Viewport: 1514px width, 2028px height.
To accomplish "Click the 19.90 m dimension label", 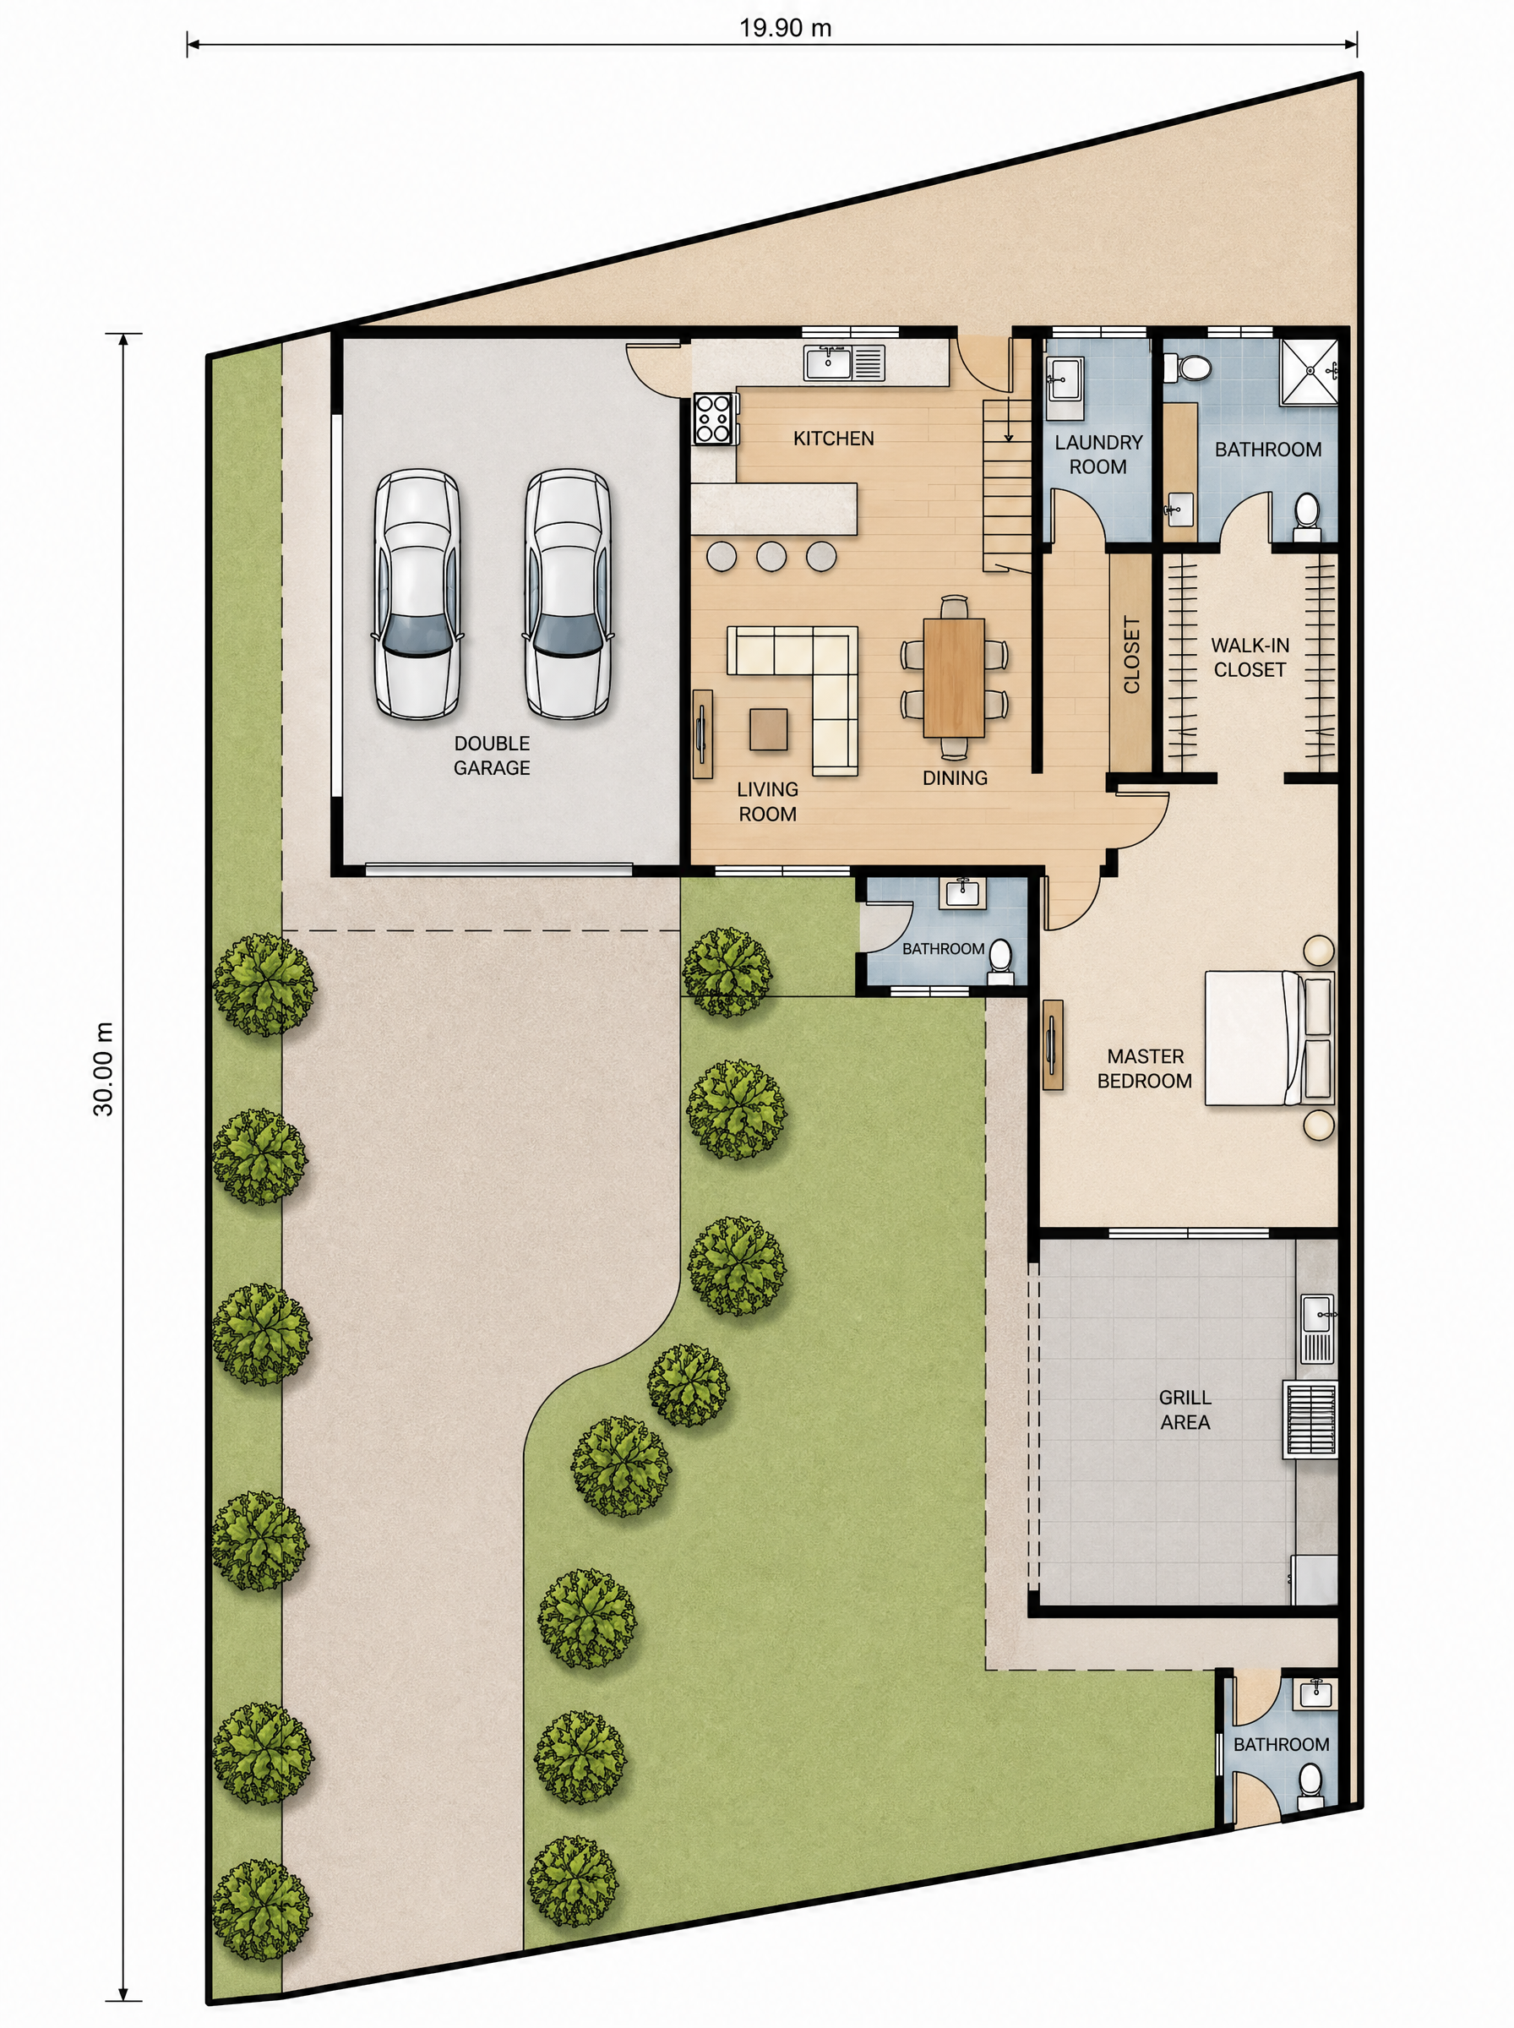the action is pos(786,28).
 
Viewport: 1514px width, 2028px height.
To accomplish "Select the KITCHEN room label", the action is pos(833,439).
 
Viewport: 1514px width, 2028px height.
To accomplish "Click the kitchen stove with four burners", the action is pos(716,419).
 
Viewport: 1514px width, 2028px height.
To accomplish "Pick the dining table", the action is pos(954,677).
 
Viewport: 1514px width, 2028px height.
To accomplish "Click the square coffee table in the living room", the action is pos(768,730).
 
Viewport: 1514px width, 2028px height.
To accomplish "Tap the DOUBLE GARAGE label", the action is pos(493,755).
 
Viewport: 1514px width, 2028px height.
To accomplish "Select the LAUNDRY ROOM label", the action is pos(1098,455).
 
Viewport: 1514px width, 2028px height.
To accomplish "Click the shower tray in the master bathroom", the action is pos(1309,370).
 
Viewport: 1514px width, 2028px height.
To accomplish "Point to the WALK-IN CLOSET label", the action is pos(1250,657).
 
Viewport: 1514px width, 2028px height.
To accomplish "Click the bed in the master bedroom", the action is pos(1269,1038).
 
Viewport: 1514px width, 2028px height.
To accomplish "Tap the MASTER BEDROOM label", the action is pos(1145,1069).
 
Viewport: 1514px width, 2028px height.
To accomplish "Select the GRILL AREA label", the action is pos(1185,1409).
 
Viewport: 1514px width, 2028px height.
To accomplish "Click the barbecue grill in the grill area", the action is pos(1310,1420).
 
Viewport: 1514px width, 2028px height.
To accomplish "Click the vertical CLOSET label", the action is pos(1132,655).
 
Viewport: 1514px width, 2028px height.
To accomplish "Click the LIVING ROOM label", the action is pos(767,801).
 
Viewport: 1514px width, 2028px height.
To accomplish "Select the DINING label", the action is pos(955,778).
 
